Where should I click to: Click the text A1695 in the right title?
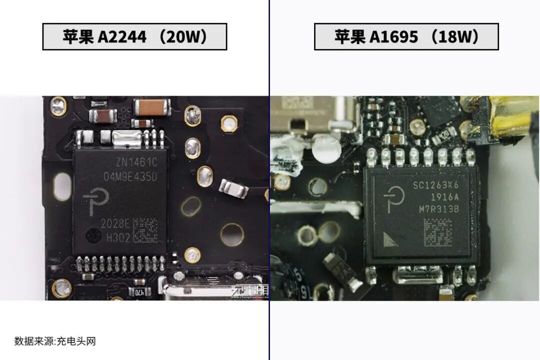(393, 37)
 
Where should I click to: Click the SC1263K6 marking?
(435, 185)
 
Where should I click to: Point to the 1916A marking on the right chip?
(442, 197)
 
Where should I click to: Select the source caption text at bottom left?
(55, 341)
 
